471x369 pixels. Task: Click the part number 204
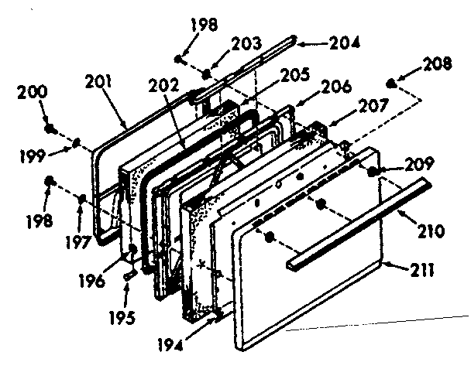click(x=345, y=44)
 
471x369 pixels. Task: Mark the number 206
click(x=334, y=87)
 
